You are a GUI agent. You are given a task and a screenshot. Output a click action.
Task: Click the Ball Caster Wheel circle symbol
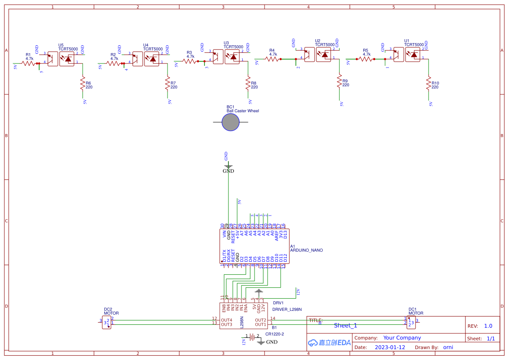[231, 122]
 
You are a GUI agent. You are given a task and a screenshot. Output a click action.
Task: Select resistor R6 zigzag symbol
[82, 83]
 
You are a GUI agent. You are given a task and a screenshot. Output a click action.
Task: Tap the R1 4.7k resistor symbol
[28, 64]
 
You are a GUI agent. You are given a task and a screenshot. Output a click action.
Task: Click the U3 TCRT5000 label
[233, 45]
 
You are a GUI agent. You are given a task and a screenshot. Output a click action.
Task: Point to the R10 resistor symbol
[428, 83]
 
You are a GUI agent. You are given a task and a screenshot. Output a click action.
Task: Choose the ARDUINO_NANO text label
[306, 250]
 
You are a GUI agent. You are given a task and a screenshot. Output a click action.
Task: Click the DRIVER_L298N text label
[287, 309]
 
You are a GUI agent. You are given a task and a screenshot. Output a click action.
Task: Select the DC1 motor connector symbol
[410, 323]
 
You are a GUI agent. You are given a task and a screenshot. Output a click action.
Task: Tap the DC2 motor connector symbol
[107, 323]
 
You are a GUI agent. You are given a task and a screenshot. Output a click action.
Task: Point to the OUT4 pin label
[226, 320]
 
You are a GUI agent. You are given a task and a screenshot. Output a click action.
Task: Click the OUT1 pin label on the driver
[260, 324]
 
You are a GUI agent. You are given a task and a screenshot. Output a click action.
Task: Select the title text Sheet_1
[345, 325]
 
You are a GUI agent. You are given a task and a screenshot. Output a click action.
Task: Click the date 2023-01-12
[390, 347]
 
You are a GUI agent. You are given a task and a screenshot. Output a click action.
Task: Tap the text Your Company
[402, 338]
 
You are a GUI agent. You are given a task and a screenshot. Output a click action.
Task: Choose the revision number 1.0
[488, 326]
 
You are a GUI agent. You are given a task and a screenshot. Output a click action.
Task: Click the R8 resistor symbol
[248, 83]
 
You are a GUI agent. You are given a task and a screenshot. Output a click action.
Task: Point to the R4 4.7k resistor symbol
[272, 59]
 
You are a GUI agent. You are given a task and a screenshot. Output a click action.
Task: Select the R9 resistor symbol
[339, 81]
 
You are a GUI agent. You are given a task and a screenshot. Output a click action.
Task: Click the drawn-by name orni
[448, 347]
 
